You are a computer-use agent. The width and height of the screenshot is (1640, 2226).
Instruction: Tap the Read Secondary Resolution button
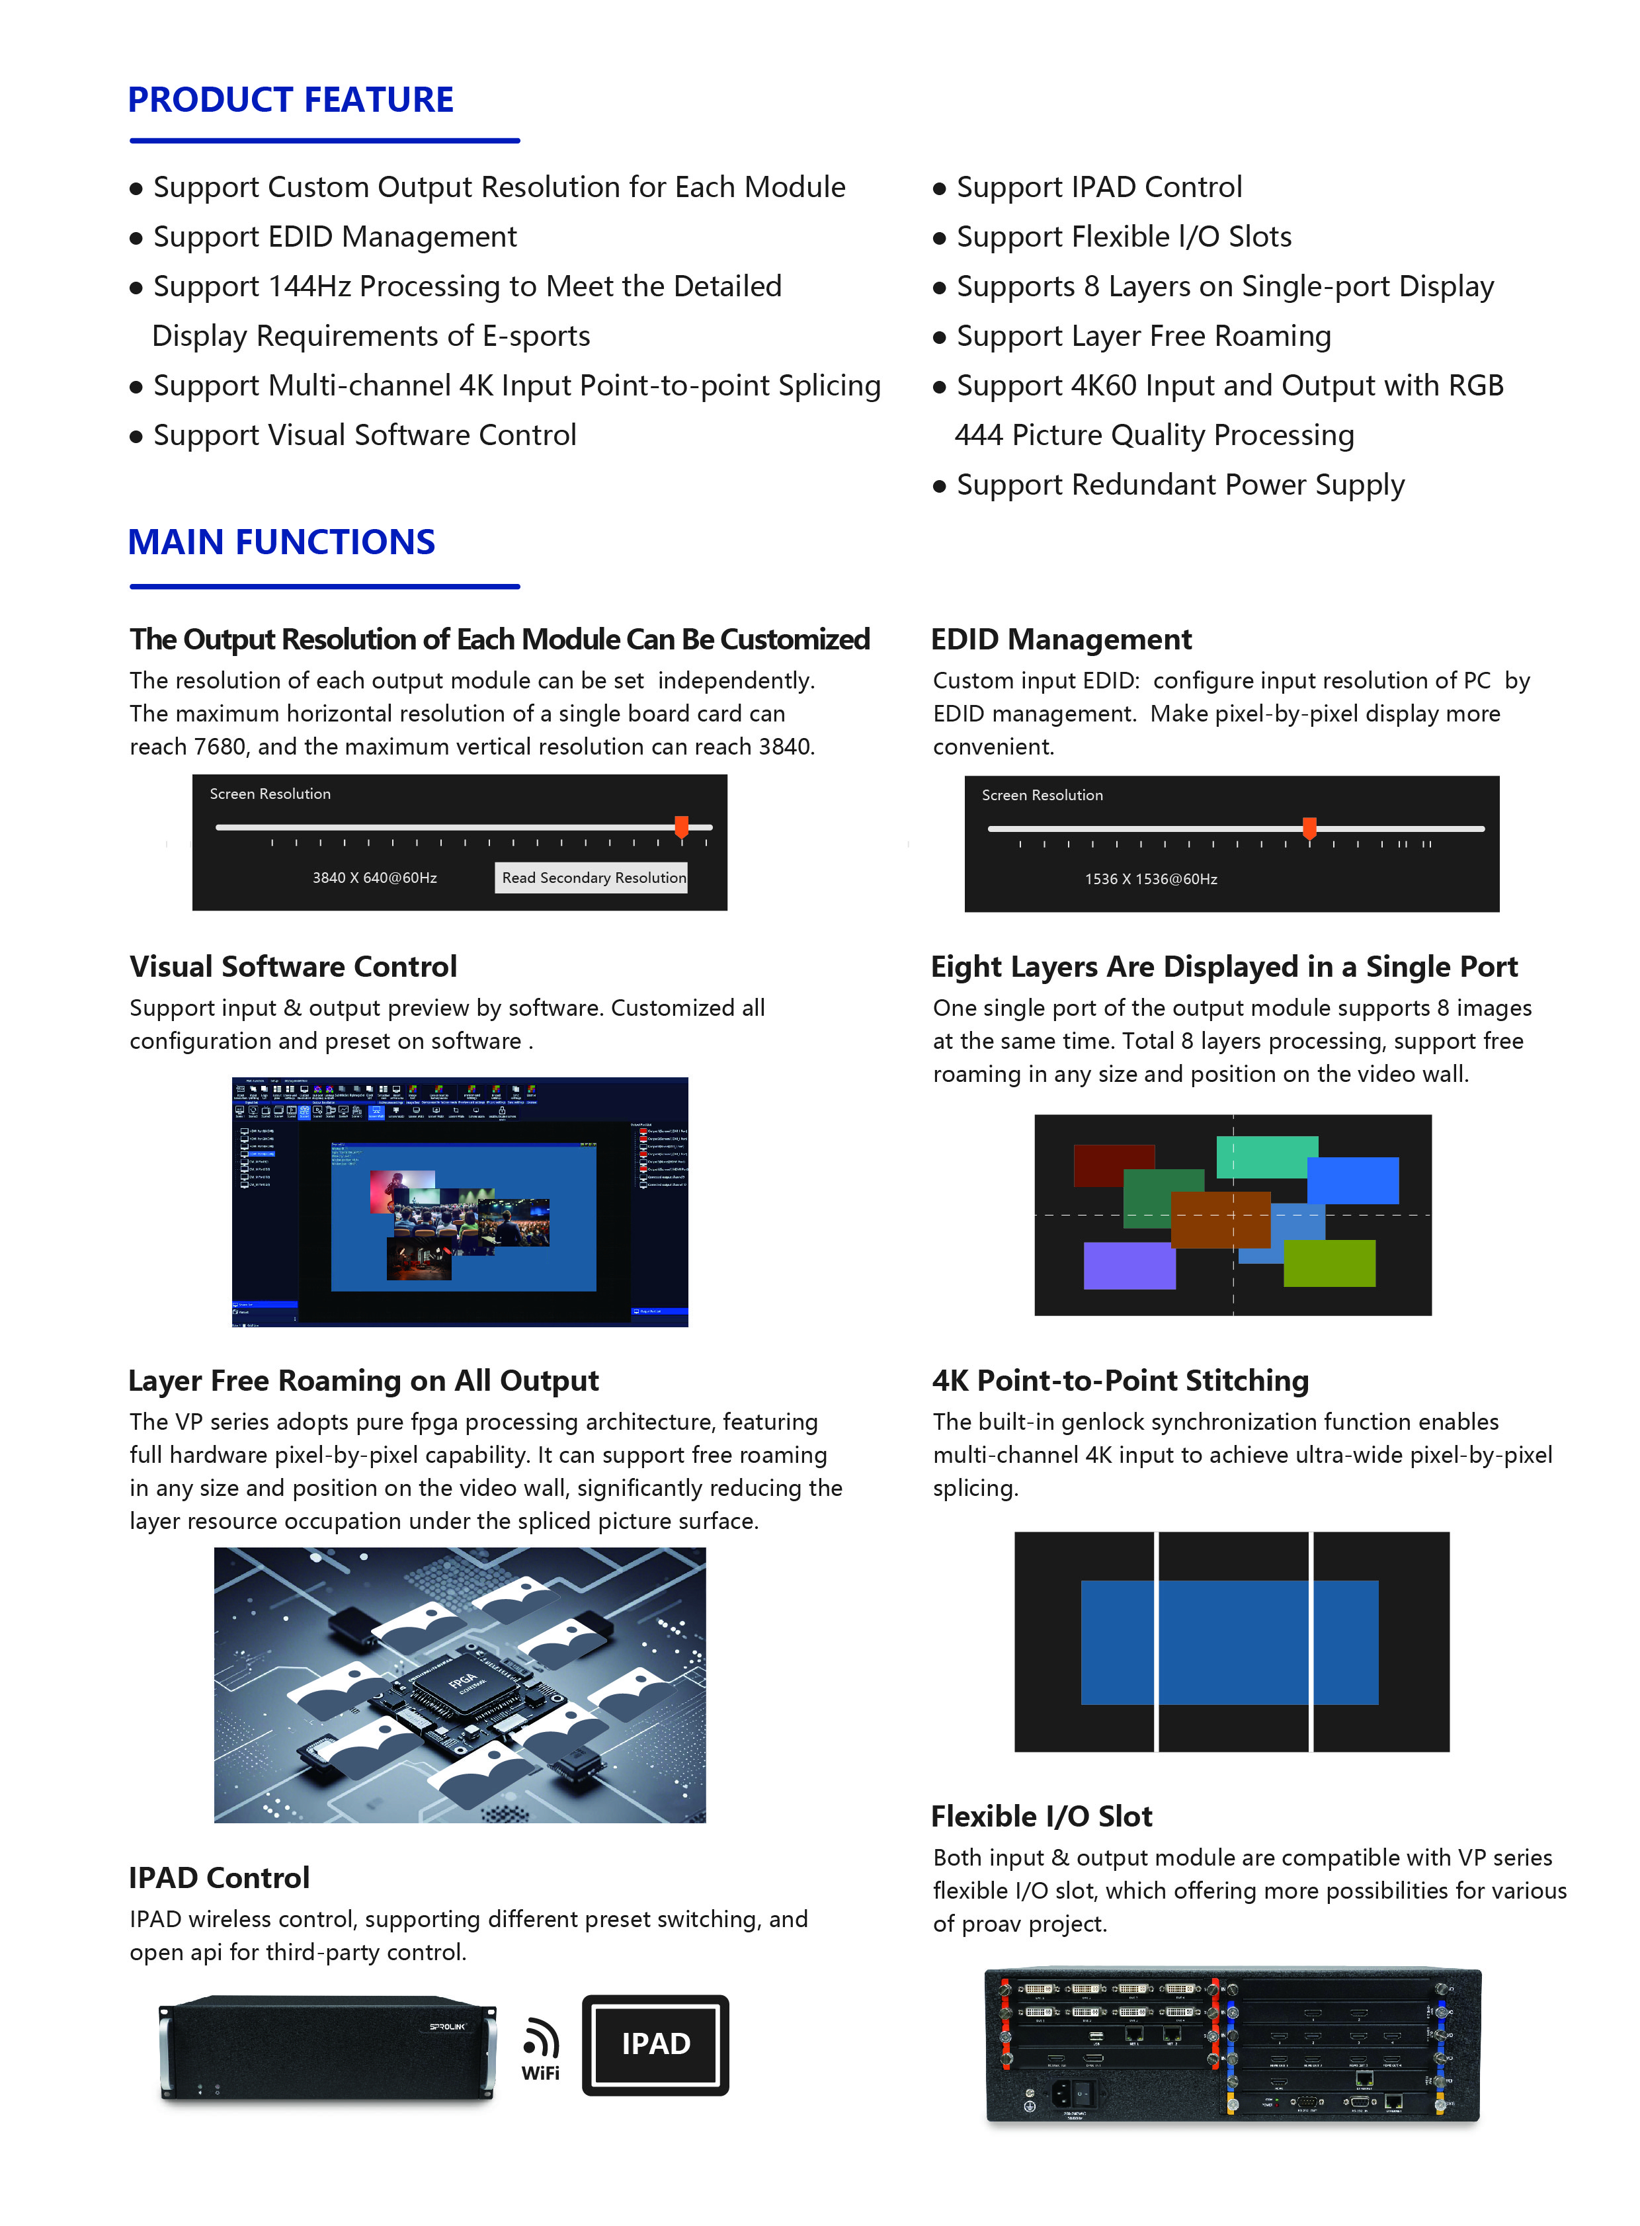(593, 878)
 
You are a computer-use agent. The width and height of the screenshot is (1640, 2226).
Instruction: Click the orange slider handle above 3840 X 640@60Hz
(681, 826)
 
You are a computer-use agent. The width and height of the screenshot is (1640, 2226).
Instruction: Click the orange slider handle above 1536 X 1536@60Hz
(1309, 827)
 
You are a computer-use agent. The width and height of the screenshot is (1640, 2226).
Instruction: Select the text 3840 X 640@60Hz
(374, 878)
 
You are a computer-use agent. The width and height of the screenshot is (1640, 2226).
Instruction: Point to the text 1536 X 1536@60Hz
(1151, 879)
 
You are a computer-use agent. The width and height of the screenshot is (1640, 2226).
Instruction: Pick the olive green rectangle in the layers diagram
(1329, 1263)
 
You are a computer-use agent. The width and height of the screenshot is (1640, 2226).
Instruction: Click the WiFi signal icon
(541, 2040)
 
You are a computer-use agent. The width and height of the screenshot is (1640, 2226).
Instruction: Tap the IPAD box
(655, 2044)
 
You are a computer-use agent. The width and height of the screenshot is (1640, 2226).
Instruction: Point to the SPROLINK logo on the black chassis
(448, 2026)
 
